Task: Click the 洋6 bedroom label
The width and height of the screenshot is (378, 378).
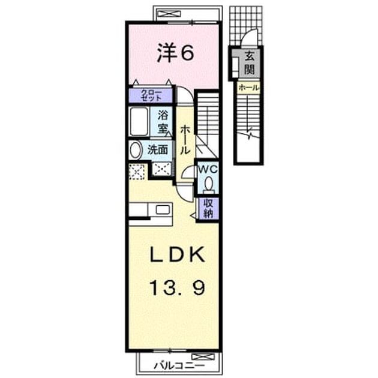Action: coord(175,53)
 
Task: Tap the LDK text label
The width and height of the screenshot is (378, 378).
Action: coord(178,254)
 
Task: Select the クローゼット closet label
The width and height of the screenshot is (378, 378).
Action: coord(151,95)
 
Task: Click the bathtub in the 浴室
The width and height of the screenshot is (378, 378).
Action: coord(139,121)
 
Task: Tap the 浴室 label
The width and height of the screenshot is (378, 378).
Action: coord(163,122)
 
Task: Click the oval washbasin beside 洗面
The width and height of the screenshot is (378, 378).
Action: coord(135,150)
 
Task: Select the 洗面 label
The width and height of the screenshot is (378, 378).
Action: coord(158,150)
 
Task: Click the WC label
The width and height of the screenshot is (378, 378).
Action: coord(208,169)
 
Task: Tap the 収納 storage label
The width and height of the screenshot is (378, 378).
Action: coord(208,208)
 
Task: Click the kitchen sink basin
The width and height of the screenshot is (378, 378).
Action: coord(163,209)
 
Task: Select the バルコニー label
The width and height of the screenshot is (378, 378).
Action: coord(179,366)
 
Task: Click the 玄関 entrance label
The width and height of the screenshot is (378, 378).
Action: coord(249,63)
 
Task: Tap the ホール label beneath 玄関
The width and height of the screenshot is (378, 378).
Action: coord(249,88)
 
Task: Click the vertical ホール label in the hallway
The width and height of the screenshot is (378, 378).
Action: coord(185,140)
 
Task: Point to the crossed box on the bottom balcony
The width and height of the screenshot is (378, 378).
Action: coord(203,356)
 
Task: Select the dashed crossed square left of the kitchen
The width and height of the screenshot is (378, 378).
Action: coord(137,172)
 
